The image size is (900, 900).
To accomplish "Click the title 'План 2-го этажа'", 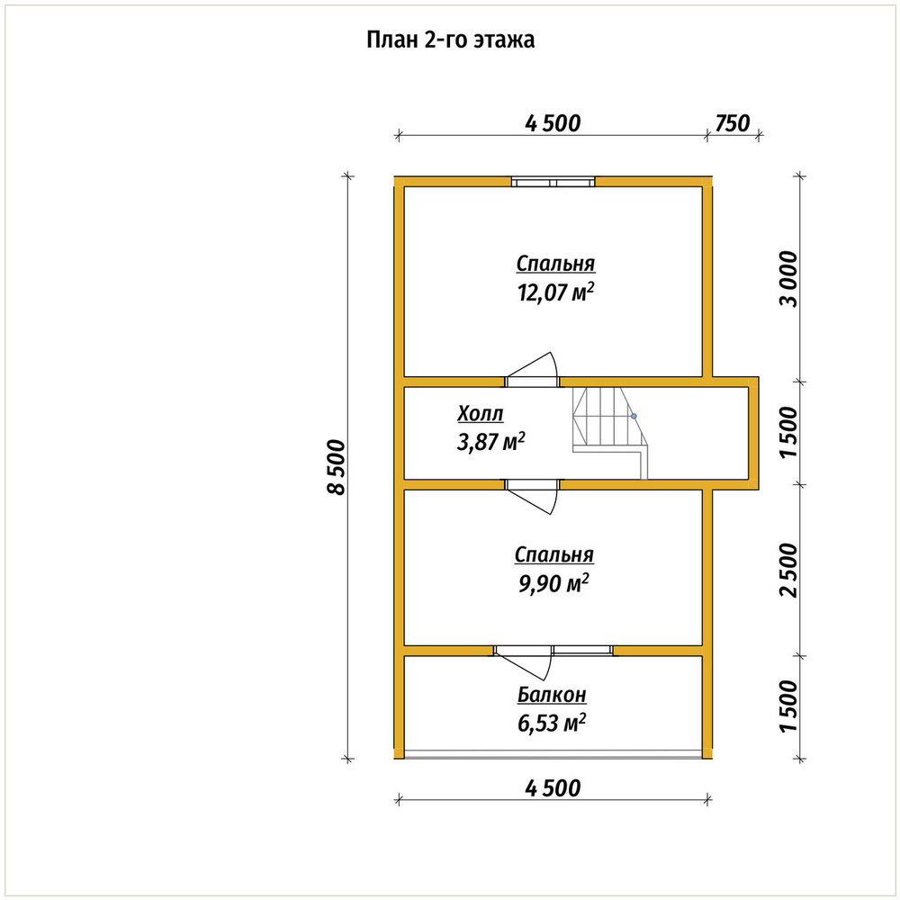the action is coord(451,40).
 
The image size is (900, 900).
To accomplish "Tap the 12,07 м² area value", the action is coord(555,292).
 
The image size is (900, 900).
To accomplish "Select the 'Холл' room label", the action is coord(481,413).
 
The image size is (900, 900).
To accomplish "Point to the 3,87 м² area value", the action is coord(490,442).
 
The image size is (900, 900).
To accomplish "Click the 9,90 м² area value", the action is coord(553,584).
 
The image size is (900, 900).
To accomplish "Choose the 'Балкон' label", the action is coord(553,695).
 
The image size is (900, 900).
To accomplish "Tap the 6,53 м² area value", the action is coord(552,724).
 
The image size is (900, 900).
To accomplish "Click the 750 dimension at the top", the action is coord(733,122).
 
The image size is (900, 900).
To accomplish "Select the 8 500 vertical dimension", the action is coord(337,467).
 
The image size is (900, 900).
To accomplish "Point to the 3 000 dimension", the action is coord(789,279).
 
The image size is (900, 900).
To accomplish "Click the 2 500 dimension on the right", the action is coord(789,570).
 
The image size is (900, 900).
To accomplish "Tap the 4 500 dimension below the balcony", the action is coord(553,788).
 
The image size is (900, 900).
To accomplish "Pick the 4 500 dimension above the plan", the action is coord(553,122).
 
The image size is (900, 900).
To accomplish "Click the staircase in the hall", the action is coord(610,433).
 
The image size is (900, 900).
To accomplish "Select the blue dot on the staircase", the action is coord(634,416).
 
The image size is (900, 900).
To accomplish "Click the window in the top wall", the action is coord(553,182).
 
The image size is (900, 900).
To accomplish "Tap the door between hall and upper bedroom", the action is coord(532,371).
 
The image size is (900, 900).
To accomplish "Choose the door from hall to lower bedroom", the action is coord(532,496).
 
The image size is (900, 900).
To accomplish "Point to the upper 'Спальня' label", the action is coord(555,264).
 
